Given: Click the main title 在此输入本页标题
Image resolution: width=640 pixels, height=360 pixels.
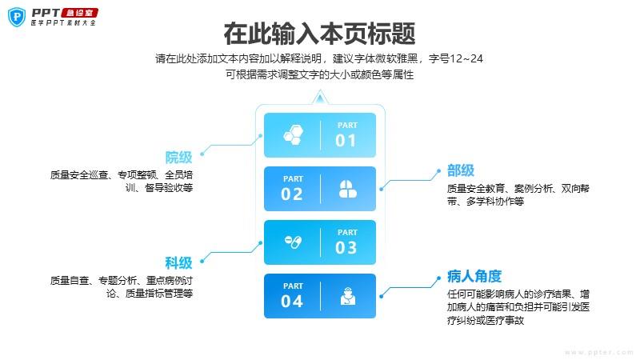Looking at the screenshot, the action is (319, 34).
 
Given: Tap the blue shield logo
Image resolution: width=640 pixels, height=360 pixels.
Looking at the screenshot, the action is (17, 17).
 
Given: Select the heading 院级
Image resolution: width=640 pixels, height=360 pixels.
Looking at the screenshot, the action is (178, 157).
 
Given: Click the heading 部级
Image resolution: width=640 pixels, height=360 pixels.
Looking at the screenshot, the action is (461, 170).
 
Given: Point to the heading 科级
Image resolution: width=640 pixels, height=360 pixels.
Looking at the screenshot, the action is (178, 263).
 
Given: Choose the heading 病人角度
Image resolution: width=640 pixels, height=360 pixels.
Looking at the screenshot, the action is (474, 276).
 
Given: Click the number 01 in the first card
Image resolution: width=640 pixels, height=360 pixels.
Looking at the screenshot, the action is (346, 141).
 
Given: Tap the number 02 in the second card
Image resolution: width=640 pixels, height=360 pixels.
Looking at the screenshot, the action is (292, 194).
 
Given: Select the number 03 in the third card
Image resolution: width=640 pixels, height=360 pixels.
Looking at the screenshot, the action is (346, 248).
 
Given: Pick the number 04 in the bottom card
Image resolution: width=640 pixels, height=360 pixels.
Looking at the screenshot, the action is (292, 302).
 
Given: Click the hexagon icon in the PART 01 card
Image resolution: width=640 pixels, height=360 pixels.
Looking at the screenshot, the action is (294, 134).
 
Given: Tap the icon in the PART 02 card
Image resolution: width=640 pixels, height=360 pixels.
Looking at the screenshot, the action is (348, 189).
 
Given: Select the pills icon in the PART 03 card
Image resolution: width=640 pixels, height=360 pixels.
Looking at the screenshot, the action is (293, 242).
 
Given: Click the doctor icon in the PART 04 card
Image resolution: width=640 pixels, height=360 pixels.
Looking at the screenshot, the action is (348, 296).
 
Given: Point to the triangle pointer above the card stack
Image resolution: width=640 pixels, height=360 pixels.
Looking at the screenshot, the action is (320, 98).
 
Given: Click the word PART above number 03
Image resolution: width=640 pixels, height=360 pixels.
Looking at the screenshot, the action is (347, 232).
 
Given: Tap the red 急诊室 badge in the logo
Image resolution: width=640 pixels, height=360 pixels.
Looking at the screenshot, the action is (79, 13).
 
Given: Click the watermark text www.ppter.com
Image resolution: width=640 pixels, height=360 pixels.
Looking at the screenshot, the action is (598, 352).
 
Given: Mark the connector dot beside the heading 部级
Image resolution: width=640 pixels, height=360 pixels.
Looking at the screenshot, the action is (438, 171).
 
